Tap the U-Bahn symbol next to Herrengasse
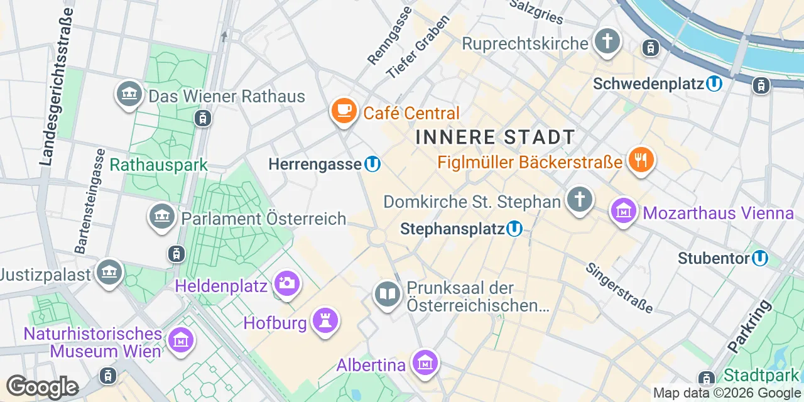coord(372,165)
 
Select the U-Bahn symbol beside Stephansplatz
coord(514,229)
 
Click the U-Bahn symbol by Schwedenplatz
coord(714,84)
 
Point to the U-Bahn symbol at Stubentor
coord(760,258)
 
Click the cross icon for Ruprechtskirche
coord(607,41)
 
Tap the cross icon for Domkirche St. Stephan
coord(579,199)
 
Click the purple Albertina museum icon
coord(425,362)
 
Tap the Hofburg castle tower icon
coord(325,320)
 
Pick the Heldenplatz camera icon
coord(288,284)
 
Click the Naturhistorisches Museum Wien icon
coord(182,340)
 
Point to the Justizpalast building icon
coord(110,273)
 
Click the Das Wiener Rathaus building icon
coord(129,94)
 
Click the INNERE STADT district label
coord(495,137)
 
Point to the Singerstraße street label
coord(619,288)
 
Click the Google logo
coord(42,387)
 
